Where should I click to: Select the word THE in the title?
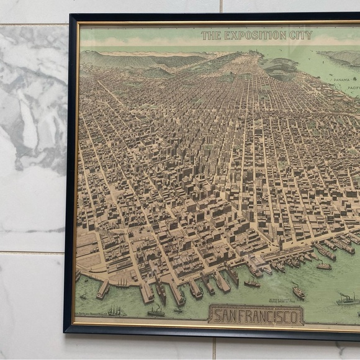click(x=211, y=35)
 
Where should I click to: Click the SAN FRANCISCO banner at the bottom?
click(x=256, y=315)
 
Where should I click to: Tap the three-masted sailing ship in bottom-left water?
click(x=114, y=310)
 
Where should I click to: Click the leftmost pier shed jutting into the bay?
click(x=103, y=288)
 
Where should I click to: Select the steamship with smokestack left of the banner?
click(x=156, y=310)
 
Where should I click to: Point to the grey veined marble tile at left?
click(x=31, y=124)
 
